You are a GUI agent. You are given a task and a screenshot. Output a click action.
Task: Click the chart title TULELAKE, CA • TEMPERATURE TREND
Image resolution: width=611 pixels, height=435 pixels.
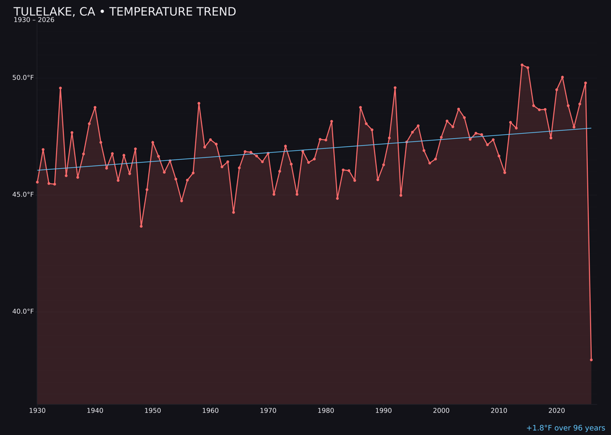124,12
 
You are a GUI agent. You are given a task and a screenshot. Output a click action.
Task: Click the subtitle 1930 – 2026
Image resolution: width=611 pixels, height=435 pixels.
34,20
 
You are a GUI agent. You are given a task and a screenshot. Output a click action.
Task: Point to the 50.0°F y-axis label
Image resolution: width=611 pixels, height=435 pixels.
23,78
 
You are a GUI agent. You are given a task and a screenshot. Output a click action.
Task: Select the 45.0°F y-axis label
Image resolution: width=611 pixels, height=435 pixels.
23,195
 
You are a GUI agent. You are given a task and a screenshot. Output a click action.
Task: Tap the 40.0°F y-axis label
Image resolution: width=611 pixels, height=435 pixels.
23,312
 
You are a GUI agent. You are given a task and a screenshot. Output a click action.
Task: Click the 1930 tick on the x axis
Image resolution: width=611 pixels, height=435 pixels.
37,411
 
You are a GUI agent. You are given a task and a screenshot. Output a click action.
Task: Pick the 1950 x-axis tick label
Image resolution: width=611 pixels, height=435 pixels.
153,411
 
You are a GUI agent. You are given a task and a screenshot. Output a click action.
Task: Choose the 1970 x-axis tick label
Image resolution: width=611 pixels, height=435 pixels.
268,411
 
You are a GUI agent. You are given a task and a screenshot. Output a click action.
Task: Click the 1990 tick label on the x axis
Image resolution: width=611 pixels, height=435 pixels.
384,411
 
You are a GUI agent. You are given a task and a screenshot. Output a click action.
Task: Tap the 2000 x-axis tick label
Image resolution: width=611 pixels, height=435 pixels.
441,411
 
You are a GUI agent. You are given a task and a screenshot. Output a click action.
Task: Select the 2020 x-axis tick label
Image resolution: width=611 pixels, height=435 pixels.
557,411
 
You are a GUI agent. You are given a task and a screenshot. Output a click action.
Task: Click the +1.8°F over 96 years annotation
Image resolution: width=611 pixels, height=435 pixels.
565,428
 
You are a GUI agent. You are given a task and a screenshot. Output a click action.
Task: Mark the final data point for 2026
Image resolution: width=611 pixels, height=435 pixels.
591,360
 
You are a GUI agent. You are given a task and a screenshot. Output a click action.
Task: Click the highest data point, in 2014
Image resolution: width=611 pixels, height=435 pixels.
522,65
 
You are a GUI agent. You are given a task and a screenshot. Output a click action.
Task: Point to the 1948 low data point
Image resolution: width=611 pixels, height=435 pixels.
141,226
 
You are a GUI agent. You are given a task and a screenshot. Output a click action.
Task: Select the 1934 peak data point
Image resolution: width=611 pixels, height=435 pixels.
61,88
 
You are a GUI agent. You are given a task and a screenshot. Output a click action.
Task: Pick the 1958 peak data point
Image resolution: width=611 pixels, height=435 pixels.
199,104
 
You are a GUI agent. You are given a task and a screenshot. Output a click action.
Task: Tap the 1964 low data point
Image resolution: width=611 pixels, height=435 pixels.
233,212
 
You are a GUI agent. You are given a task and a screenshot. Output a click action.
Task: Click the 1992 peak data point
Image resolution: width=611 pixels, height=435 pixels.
395,88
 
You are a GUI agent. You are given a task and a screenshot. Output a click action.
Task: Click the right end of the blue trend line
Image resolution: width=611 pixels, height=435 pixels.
591,128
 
